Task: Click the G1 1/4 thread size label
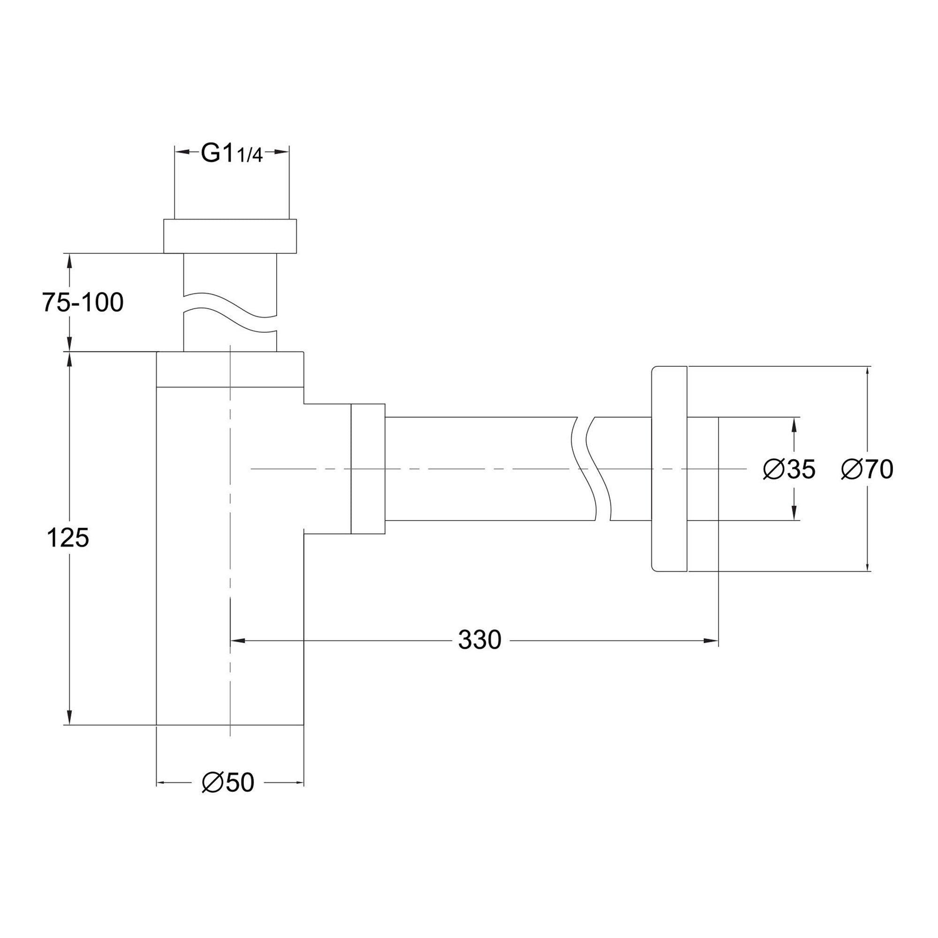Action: click(232, 154)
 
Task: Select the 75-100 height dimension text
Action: click(83, 303)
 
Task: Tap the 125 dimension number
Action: click(68, 538)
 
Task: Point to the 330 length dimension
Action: click(480, 640)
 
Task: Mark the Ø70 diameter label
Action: click(868, 469)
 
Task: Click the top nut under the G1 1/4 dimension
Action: click(230, 236)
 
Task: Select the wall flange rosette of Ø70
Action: click(669, 469)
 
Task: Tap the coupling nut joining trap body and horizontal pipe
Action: click(368, 469)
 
